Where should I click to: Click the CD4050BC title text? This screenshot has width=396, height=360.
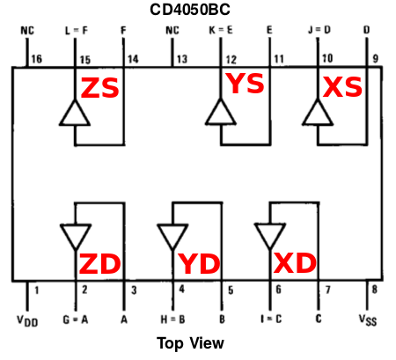pos(190,10)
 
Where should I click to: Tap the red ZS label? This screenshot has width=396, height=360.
pos(99,88)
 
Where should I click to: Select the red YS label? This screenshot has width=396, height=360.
pos(245,84)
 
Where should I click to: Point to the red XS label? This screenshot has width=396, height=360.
pos(342,86)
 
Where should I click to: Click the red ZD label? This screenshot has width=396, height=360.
pos(99,263)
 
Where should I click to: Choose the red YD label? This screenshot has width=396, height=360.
pos(200,264)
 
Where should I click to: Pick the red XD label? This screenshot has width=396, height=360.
pos(295,263)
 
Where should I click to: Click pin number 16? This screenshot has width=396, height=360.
pos(37,59)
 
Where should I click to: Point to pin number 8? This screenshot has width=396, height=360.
pos(375,290)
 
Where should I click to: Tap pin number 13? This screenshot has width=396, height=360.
pos(182,59)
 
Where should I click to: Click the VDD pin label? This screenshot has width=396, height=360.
pos(27,320)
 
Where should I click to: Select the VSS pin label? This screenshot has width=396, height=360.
pos(368,320)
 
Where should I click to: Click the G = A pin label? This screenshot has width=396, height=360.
pos(76,320)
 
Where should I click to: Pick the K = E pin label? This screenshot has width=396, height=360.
pos(221,30)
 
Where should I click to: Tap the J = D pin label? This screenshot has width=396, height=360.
pos(319,30)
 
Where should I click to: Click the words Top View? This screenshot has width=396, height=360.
pos(190,343)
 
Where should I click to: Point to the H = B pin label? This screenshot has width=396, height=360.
pos(172,320)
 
